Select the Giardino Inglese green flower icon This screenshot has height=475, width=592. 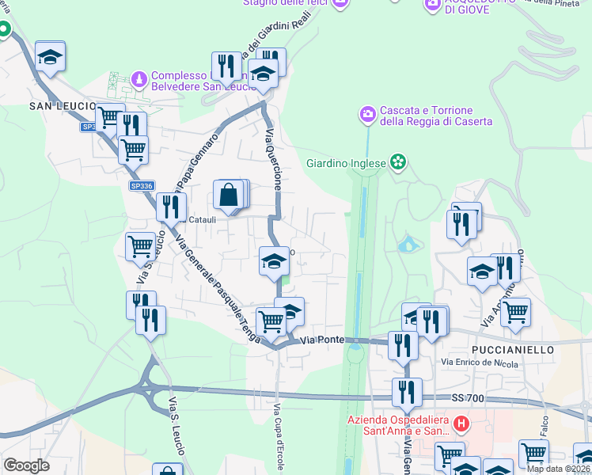(x=398, y=164)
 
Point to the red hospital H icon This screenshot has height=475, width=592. (x=461, y=424)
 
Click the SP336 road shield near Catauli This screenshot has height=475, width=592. (x=141, y=186)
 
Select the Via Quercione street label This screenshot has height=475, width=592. (x=274, y=158)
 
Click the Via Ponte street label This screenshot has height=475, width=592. (x=321, y=340)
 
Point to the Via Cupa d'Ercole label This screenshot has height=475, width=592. (x=278, y=435)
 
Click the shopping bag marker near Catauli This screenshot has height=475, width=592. (x=228, y=195)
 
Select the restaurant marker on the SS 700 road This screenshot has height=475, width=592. (x=406, y=392)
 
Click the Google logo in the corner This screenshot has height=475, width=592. (x=27, y=465)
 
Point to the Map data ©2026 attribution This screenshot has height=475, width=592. (x=559, y=469)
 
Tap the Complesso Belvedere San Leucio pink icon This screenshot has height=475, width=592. (x=139, y=79)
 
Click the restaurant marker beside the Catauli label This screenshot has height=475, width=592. (x=170, y=207)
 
